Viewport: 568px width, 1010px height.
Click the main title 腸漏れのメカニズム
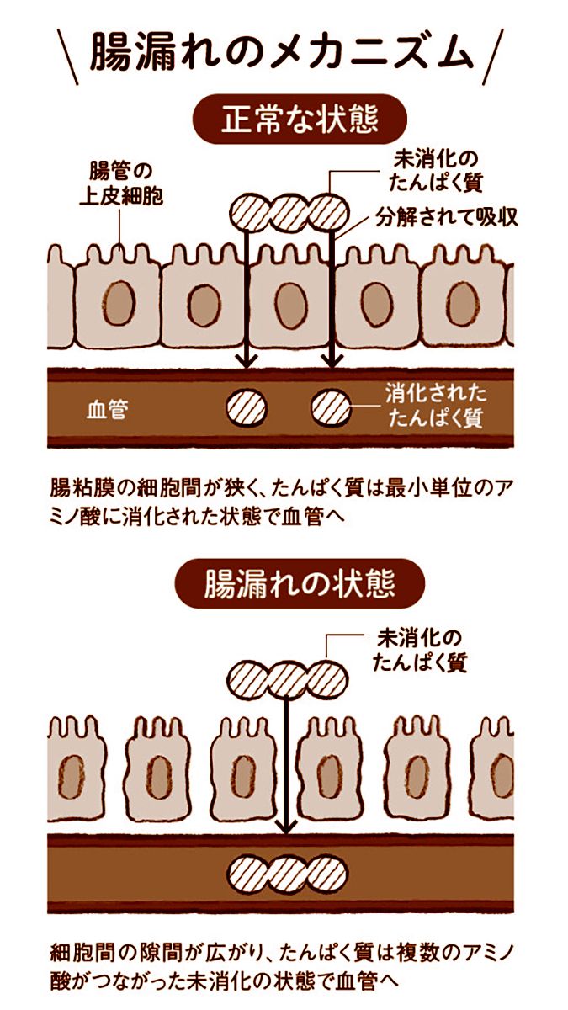281,54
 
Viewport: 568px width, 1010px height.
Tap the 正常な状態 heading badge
300,119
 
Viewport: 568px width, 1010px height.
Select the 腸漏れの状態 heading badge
300,583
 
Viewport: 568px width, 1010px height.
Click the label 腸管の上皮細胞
121,184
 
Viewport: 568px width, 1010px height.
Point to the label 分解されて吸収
446,218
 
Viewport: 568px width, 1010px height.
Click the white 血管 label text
108,409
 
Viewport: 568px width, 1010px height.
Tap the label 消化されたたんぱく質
436,406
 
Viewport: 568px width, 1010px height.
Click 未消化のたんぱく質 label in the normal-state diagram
436,172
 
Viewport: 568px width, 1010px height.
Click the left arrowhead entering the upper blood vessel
246,361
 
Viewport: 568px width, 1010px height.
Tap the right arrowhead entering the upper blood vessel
332,361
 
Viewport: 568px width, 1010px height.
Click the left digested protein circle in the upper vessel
246,408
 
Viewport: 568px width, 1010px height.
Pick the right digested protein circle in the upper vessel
332,408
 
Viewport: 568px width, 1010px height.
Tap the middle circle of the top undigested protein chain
289,213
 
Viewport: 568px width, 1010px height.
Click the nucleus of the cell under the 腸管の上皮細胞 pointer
119,303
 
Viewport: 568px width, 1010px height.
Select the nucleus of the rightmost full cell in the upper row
463,305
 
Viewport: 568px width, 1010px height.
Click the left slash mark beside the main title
68,57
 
